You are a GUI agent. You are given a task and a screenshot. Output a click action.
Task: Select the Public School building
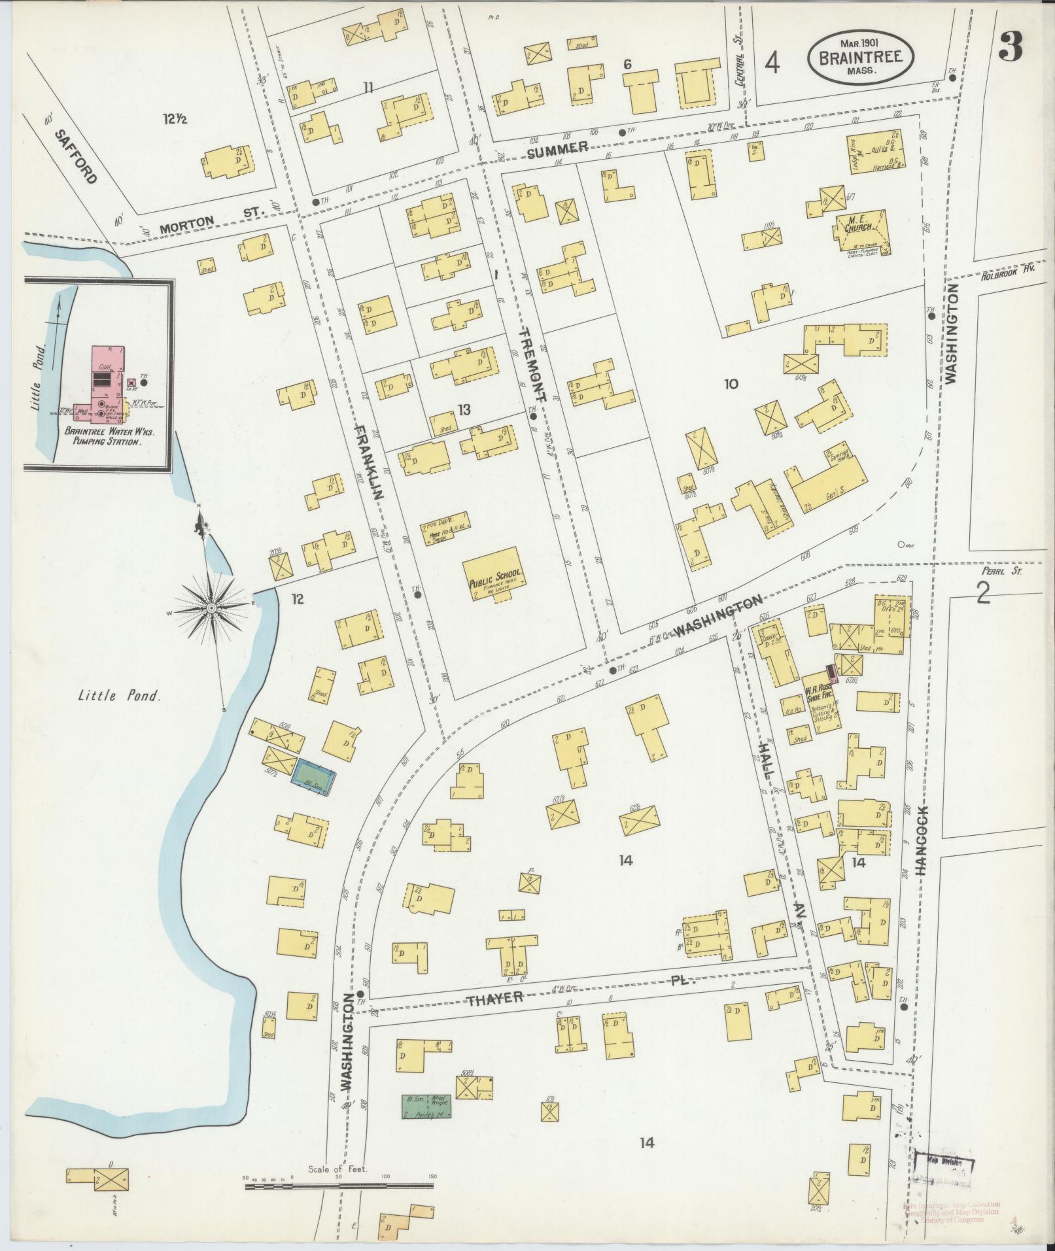coord(496,574)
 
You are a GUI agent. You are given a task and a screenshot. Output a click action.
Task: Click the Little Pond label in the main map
coord(118,696)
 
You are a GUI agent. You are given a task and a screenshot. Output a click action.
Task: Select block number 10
coord(731,384)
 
